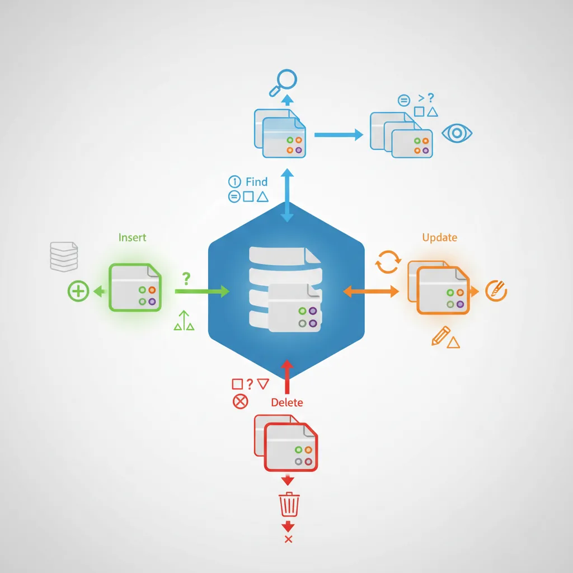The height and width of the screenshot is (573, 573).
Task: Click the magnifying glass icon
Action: point(284,80)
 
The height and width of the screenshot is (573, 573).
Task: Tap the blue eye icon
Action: point(457,133)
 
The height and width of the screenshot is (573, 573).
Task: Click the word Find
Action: point(256,182)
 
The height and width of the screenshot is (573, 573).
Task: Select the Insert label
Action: point(132,237)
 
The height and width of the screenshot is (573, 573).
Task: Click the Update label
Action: point(439,237)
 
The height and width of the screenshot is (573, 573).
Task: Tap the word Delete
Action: point(286,402)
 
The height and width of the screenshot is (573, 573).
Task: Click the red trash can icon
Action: point(289,505)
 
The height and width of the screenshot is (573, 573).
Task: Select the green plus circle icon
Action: point(78,291)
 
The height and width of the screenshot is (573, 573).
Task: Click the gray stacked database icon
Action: point(63,256)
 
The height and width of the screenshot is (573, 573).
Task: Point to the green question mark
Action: point(186,278)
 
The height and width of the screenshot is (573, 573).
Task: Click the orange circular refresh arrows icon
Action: point(387,262)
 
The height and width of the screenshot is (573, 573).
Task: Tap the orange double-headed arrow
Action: point(370,291)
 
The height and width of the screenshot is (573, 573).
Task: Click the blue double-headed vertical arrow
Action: point(287,197)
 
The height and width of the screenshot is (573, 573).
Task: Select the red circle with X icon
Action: point(240,401)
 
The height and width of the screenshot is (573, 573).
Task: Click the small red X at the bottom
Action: point(289,539)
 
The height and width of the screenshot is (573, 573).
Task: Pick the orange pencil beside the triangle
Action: point(440,336)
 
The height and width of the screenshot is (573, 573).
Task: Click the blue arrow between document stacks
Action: point(339,134)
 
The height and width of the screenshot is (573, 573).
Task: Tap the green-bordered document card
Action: point(135,287)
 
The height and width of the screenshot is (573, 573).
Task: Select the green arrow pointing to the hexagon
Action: point(201,291)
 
